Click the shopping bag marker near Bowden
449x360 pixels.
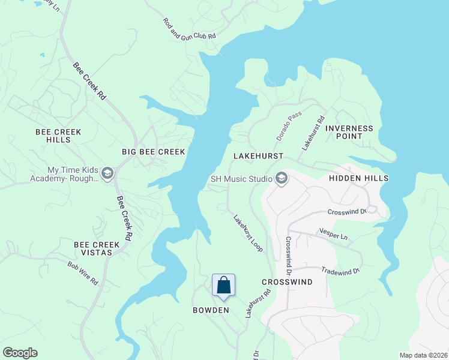(x=223, y=286)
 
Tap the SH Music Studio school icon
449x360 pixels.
(x=281, y=178)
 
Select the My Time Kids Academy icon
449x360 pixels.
(x=107, y=174)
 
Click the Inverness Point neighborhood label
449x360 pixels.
(x=349, y=132)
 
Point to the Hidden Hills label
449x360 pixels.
(x=359, y=178)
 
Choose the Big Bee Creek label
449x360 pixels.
(x=153, y=152)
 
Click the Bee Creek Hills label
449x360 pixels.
(x=59, y=136)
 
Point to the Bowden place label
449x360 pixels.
(x=211, y=310)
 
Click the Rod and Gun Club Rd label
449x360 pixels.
(x=189, y=29)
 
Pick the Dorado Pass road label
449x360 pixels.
(x=289, y=126)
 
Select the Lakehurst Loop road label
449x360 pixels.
(x=248, y=233)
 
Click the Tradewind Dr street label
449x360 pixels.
(x=340, y=271)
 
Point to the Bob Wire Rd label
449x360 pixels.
(x=82, y=273)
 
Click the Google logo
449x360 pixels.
(x=20, y=353)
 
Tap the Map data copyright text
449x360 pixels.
(x=423, y=355)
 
